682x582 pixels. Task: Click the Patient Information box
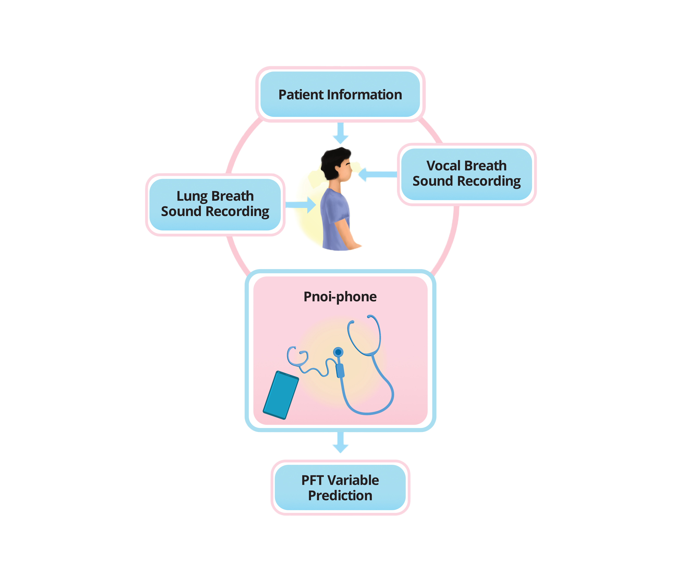pos(340,94)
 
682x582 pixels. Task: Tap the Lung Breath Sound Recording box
pos(215,204)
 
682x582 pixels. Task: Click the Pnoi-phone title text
pos(340,297)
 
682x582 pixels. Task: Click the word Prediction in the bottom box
pos(340,495)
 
